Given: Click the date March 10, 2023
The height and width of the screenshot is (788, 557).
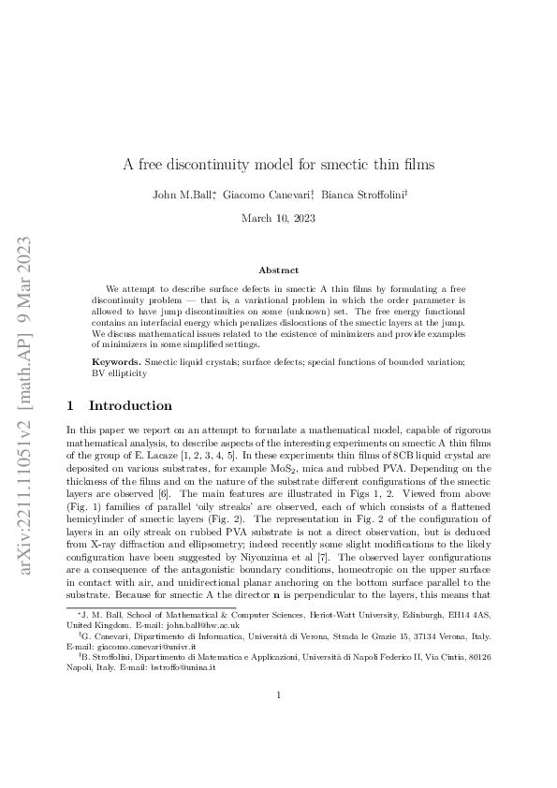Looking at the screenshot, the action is (278, 218).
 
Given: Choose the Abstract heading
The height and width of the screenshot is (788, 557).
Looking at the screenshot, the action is (278, 270).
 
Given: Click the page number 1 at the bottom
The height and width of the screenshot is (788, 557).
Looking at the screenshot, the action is (278, 746).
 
